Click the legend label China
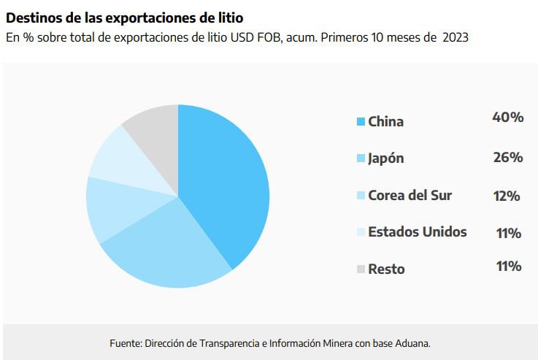pos(385,121)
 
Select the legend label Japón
pos(386,158)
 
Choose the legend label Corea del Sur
pos(410,196)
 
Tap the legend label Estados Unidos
pos(417,232)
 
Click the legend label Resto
pos(386,269)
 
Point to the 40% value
pos(508,117)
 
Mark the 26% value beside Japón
pos(508,157)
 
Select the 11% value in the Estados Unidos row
pos(508,233)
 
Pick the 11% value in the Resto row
pos(508,266)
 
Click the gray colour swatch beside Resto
pos(361,269)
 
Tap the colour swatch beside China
pos(361,121)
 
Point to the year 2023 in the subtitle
pos(454,37)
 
